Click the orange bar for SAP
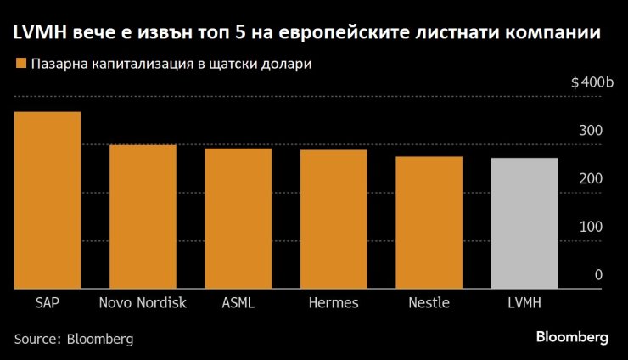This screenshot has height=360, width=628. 47,200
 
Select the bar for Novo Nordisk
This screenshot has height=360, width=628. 143,217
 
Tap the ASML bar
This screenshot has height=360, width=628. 238,218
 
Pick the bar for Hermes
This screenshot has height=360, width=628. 333,219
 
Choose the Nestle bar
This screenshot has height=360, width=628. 429,222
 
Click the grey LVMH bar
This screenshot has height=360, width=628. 524,223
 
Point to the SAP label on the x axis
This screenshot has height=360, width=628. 47,303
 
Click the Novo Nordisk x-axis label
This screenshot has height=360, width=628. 143,303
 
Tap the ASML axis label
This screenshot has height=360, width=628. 238,303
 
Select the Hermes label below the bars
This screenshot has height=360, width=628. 333,303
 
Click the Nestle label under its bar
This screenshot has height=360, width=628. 429,303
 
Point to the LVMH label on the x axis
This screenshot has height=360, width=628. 524,303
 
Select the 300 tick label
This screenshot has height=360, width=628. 591,132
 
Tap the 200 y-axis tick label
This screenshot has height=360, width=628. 591,180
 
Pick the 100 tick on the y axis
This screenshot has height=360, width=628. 591,228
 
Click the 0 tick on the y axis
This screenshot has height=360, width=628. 598,276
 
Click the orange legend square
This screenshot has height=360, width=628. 19,64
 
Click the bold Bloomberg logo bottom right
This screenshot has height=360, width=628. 572,337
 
